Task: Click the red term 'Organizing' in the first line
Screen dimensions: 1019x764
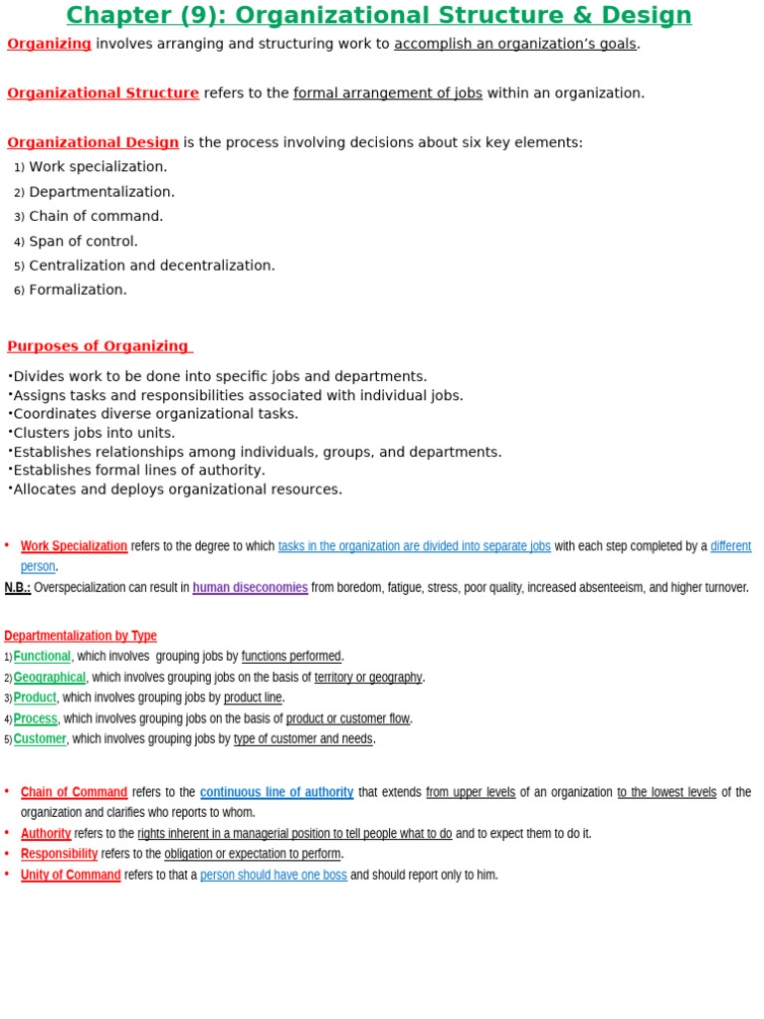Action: (x=49, y=44)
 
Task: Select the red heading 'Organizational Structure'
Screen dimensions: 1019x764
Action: (x=102, y=94)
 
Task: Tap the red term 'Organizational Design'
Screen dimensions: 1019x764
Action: (x=93, y=142)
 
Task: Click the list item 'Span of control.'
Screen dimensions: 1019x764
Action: (x=84, y=241)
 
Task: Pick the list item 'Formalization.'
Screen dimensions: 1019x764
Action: (x=78, y=290)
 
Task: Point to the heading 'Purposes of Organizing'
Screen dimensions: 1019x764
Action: (x=97, y=346)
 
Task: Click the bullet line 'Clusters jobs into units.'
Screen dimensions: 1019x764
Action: (x=94, y=433)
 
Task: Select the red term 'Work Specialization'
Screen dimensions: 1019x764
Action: (x=74, y=546)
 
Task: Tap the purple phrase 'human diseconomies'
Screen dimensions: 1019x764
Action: (x=250, y=587)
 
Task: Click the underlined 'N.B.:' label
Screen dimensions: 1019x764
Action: (x=18, y=587)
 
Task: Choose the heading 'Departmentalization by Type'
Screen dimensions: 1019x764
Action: (x=81, y=636)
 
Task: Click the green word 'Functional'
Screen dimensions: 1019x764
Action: (x=42, y=657)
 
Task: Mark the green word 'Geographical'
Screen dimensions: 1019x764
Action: (x=50, y=678)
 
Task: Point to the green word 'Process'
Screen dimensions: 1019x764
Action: (x=36, y=718)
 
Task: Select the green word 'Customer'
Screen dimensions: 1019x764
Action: (x=40, y=739)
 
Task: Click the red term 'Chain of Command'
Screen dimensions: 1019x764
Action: (x=74, y=792)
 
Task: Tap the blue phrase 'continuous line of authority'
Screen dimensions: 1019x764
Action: (x=277, y=792)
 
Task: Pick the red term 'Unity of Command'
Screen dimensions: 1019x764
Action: (x=71, y=875)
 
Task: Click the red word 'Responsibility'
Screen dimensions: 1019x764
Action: (x=59, y=854)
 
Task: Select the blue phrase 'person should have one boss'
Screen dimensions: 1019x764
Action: (x=274, y=875)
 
